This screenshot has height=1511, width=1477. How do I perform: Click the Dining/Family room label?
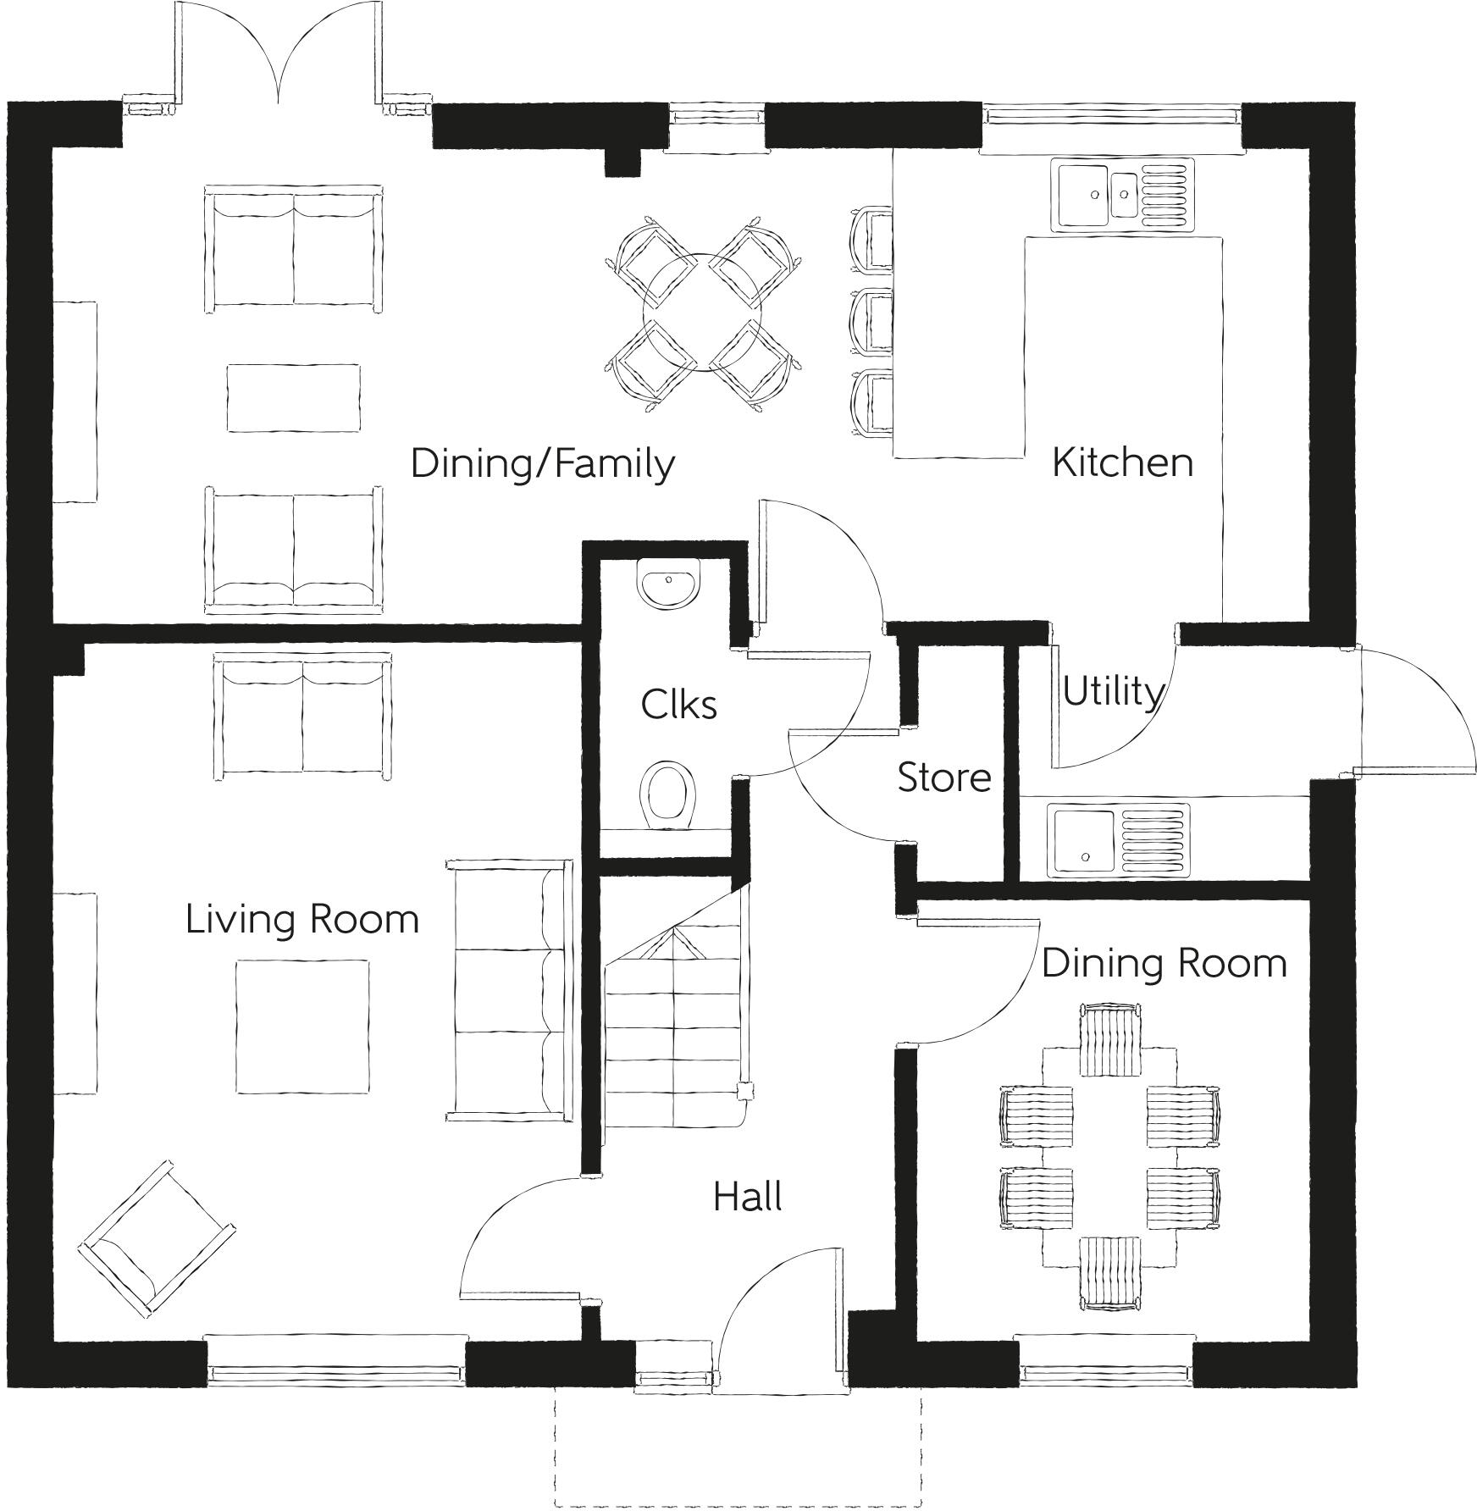click(x=542, y=464)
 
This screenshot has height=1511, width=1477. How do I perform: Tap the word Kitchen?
click(x=1122, y=462)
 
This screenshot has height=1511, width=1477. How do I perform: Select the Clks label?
click(x=678, y=704)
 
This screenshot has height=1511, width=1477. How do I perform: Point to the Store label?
click(x=943, y=778)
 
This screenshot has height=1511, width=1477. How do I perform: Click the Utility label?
click(x=1112, y=692)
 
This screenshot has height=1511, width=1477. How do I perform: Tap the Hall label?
click(x=747, y=1197)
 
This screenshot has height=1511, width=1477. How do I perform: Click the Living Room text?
click(x=302, y=919)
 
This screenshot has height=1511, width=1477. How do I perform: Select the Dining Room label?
click(x=1164, y=963)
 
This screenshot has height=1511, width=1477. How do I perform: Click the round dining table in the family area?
click(x=702, y=313)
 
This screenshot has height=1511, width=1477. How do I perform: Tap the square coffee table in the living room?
click(x=302, y=1026)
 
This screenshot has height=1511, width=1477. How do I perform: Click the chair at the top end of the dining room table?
click(x=1110, y=1039)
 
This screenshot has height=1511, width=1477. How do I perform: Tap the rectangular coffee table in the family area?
click(x=293, y=397)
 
